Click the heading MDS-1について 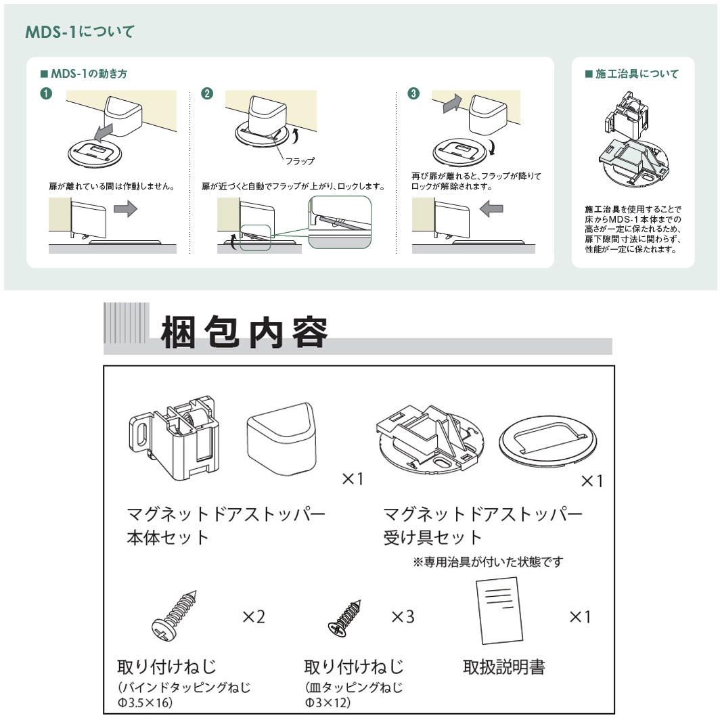coord(79,32)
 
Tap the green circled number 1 coord(46,93)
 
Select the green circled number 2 coord(207,93)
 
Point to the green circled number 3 coord(413,93)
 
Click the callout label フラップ coord(300,161)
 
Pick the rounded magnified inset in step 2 coord(339,222)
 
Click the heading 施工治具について coord(631,74)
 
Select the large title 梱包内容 coord(244,332)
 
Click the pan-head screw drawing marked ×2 coord(175,615)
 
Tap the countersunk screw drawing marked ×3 coord(345,618)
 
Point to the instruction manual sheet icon coord(499,610)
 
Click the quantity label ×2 coord(254,616)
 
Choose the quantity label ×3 coord(403,616)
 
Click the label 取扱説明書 coord(503,667)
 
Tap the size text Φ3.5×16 coord(145,703)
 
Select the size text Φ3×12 coord(328,703)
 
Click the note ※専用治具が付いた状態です coord(488,562)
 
